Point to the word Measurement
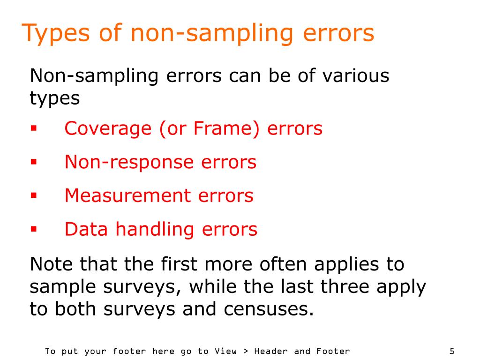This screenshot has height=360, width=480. pyautogui.click(x=130, y=195)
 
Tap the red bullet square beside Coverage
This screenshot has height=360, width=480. pyautogui.click(x=33, y=128)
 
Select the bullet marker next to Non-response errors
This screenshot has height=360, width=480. pyautogui.click(x=33, y=162)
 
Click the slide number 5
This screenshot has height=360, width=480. pyautogui.click(x=451, y=351)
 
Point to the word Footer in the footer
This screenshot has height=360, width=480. pyautogui.click(x=333, y=351)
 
